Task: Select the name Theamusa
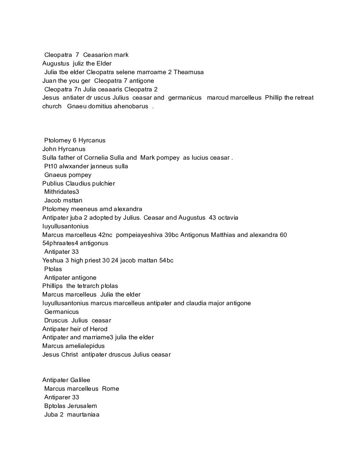189,72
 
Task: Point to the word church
52,106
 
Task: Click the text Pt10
51,166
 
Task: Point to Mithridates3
62,192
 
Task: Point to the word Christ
69,355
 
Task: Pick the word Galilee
80,380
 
